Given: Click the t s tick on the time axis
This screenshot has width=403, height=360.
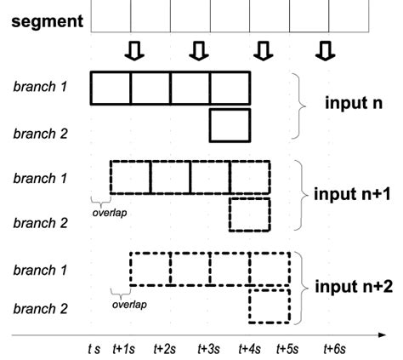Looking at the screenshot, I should tap(94, 349).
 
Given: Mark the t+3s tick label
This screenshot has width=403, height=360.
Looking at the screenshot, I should tap(209, 349).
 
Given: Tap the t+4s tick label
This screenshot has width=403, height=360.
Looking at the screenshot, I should tap(250, 349).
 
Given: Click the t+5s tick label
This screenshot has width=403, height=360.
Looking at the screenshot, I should tap(289, 349).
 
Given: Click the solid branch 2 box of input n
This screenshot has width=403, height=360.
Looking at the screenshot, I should tap(230, 125).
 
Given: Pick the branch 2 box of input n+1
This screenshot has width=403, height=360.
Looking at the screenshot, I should tap(250, 215).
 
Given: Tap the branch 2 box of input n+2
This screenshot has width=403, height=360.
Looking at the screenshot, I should tap(270, 306).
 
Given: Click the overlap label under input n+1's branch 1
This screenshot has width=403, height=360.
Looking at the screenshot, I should tap(110, 213).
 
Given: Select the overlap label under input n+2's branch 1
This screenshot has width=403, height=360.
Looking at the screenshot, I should tap(129, 302).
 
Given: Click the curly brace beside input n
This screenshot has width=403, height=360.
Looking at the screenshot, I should tap(299, 106).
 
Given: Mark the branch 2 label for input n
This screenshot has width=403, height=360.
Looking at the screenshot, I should tap(41, 133).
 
